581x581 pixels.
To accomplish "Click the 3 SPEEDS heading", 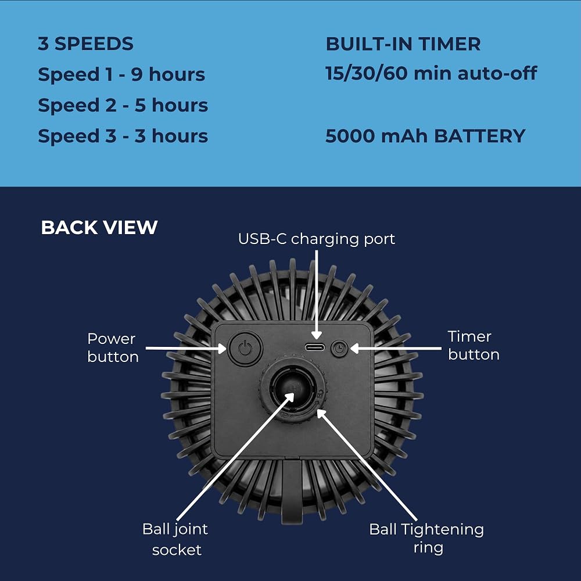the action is click(x=85, y=44).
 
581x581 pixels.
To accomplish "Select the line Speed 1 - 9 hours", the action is click(x=121, y=74).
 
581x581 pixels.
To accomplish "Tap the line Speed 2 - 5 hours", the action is click(x=123, y=105).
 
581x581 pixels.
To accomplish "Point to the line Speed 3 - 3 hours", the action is click(x=123, y=136).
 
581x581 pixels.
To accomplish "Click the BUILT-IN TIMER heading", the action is click(x=403, y=44).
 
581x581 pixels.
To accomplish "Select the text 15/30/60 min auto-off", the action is click(x=431, y=73).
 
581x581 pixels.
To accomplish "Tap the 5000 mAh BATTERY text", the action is click(x=425, y=136).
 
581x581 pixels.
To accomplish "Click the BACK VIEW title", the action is click(x=99, y=227).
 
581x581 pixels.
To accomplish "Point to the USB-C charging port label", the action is click(x=317, y=239).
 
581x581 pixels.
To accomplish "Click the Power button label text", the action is click(x=113, y=347).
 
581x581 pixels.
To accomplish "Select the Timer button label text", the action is click(x=474, y=345).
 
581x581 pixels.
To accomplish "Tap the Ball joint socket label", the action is click(x=175, y=539).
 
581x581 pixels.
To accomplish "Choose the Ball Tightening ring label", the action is click(x=427, y=539).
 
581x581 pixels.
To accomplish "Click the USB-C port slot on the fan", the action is click(x=315, y=347).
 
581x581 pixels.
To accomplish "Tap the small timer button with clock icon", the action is click(x=339, y=348).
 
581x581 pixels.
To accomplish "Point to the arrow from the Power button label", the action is click(x=186, y=348).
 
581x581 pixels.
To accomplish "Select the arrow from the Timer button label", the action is click(x=396, y=348).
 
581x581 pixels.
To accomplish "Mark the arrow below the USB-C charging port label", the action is click(x=317, y=295).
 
